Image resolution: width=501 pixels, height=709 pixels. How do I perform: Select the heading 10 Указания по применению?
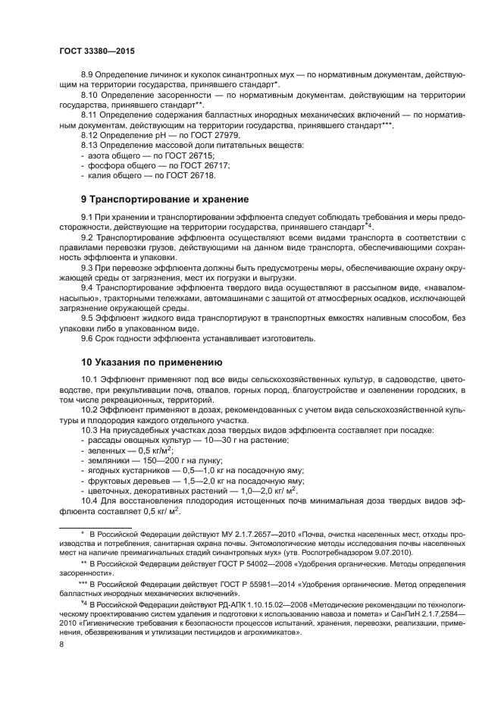(x=151, y=362)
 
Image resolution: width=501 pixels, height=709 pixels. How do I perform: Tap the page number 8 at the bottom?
(x=61, y=645)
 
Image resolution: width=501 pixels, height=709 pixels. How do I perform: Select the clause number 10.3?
(x=90, y=431)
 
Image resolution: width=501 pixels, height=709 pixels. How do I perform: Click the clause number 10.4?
(x=90, y=500)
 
